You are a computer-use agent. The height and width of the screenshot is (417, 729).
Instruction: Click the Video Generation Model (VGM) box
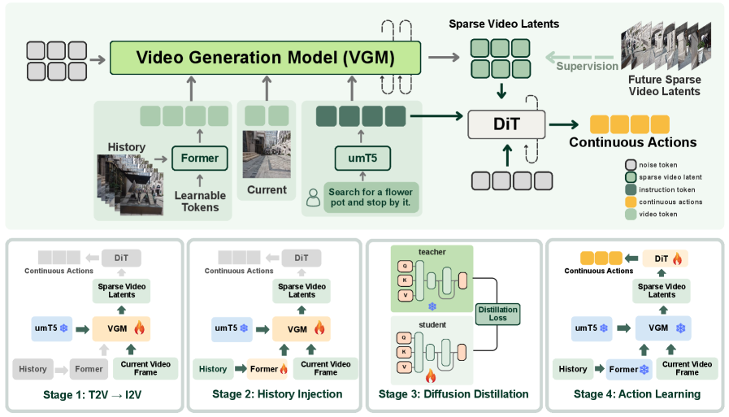tap(266, 58)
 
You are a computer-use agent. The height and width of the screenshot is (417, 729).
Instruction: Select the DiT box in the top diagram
tap(505, 124)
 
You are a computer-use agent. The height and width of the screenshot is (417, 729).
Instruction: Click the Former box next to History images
tap(200, 158)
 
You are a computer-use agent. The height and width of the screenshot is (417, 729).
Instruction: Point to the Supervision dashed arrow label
tap(587, 65)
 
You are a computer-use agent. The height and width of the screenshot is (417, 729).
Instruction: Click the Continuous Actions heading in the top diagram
tap(632, 142)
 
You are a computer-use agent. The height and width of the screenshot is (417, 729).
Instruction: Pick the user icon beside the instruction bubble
tap(313, 197)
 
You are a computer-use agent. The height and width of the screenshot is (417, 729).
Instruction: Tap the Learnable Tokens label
tap(200, 202)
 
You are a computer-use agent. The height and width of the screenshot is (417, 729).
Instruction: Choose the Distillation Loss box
tap(497, 312)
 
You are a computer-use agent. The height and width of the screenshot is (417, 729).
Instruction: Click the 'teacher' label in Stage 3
tap(432, 252)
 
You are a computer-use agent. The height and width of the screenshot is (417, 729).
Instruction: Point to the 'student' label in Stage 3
tap(432, 326)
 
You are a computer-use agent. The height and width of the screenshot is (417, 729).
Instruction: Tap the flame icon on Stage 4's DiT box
tap(677, 258)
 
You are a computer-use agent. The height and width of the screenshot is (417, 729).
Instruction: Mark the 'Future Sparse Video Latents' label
tap(663, 85)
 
